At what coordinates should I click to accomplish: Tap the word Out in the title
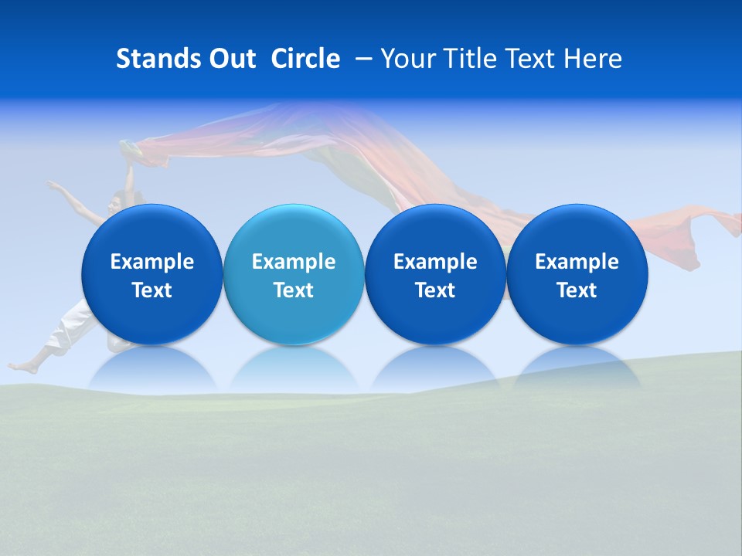230,59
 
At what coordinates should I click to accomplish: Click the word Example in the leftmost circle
152,262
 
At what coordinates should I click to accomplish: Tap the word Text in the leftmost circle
152,290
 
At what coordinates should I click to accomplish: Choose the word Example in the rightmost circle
577,262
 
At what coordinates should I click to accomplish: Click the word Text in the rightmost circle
577,290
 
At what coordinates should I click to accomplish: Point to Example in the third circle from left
435,262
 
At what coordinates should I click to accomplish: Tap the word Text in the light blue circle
294,290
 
